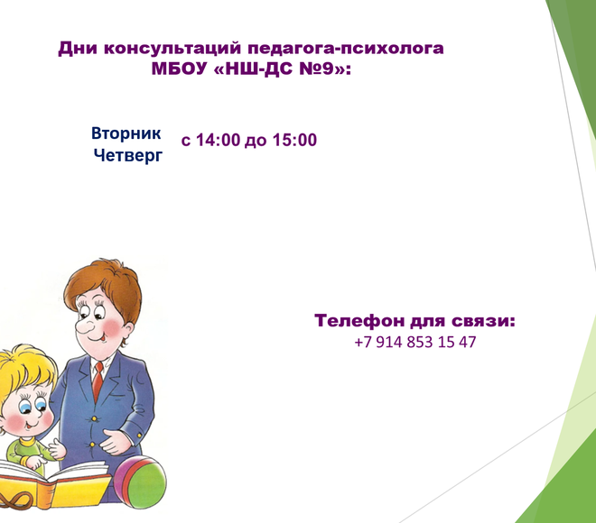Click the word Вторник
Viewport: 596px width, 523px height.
(x=126, y=133)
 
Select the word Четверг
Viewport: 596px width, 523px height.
(x=128, y=156)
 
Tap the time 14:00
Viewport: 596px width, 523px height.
(x=219, y=140)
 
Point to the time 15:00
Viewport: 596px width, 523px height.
(x=294, y=140)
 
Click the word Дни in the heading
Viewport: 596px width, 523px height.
(x=78, y=49)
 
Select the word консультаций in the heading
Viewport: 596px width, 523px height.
(x=172, y=49)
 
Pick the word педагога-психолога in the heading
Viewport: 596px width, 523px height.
(x=346, y=49)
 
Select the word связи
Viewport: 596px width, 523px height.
(x=483, y=321)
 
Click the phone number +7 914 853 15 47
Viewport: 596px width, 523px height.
(x=415, y=342)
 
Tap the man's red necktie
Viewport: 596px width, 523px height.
(x=98, y=381)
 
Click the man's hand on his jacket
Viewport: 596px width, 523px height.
(x=117, y=441)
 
